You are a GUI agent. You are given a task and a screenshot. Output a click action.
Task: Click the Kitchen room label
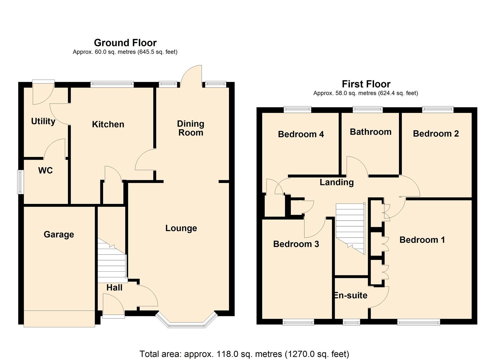[108, 124]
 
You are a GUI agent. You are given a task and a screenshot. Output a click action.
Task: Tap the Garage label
[59, 234]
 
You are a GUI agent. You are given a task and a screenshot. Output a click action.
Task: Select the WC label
[45, 171]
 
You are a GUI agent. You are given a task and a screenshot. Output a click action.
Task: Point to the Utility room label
[43, 121]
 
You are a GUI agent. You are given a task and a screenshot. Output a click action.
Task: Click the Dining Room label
[190, 128]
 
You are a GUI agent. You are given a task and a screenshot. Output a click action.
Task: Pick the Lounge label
[181, 228]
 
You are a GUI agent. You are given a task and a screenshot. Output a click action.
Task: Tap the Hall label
[114, 288]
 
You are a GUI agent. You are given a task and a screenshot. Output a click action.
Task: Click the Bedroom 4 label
[301, 134]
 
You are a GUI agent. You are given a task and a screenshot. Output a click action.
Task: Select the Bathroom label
[370, 132]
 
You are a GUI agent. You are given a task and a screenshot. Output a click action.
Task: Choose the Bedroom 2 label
[436, 134]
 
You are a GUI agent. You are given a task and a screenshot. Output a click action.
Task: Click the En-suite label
[351, 296]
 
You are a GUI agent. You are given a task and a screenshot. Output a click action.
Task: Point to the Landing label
[337, 182]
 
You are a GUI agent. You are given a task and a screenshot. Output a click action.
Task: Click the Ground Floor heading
[125, 43]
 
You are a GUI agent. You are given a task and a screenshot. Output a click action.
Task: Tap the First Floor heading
[366, 84]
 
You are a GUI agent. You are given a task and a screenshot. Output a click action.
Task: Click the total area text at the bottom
[244, 354]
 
